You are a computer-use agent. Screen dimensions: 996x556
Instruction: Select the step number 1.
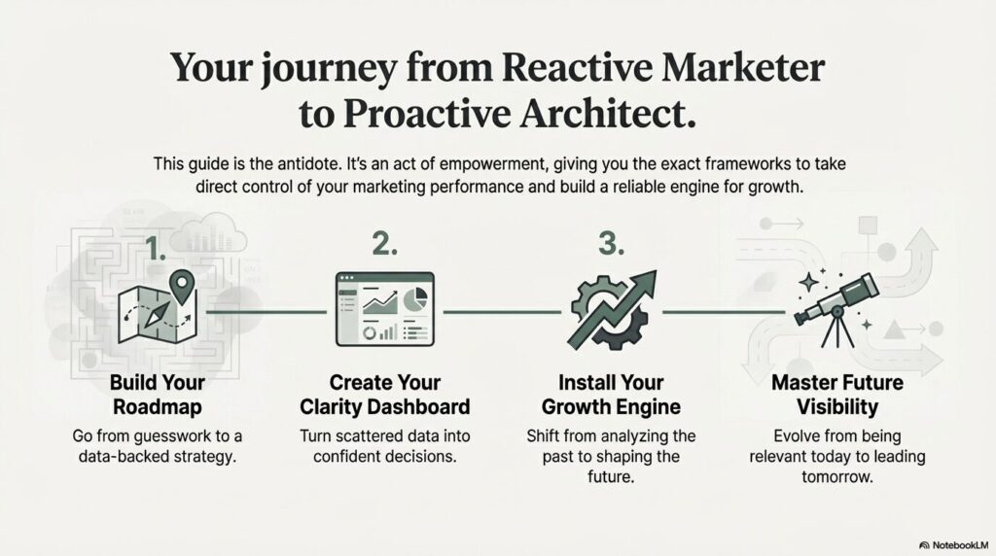(x=155, y=248)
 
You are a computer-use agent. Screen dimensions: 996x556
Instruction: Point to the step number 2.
(x=385, y=244)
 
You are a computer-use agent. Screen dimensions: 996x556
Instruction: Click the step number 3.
(x=611, y=244)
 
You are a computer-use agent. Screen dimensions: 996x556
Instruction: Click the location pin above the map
(x=182, y=286)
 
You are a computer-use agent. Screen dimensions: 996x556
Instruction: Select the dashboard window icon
(x=385, y=309)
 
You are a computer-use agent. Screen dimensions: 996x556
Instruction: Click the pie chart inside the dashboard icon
(x=415, y=299)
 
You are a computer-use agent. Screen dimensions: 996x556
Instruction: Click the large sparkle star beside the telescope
(x=808, y=282)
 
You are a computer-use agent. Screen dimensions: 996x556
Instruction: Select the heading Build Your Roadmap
(x=158, y=394)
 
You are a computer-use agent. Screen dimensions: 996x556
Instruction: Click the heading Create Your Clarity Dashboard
(x=385, y=394)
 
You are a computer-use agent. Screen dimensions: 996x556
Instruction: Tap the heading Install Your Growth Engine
(x=611, y=394)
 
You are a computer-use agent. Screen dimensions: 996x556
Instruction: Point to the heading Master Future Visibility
(x=837, y=394)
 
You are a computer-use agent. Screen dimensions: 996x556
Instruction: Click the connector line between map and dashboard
(x=267, y=312)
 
